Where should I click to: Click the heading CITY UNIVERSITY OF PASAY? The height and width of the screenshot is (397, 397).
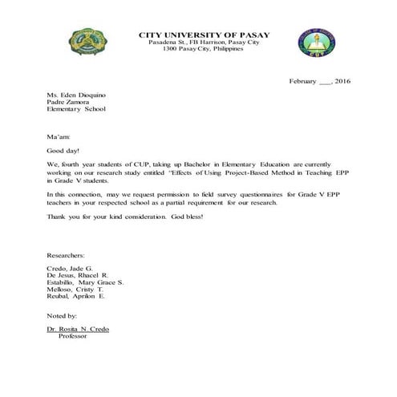(205, 34)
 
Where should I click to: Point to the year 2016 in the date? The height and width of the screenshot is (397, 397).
(342, 81)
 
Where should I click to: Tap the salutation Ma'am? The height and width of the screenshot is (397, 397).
(59, 137)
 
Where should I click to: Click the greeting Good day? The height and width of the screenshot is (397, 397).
(63, 150)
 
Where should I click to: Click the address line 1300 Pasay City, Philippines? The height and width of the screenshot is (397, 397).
(205, 48)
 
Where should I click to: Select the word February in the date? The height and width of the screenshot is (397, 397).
(304, 81)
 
